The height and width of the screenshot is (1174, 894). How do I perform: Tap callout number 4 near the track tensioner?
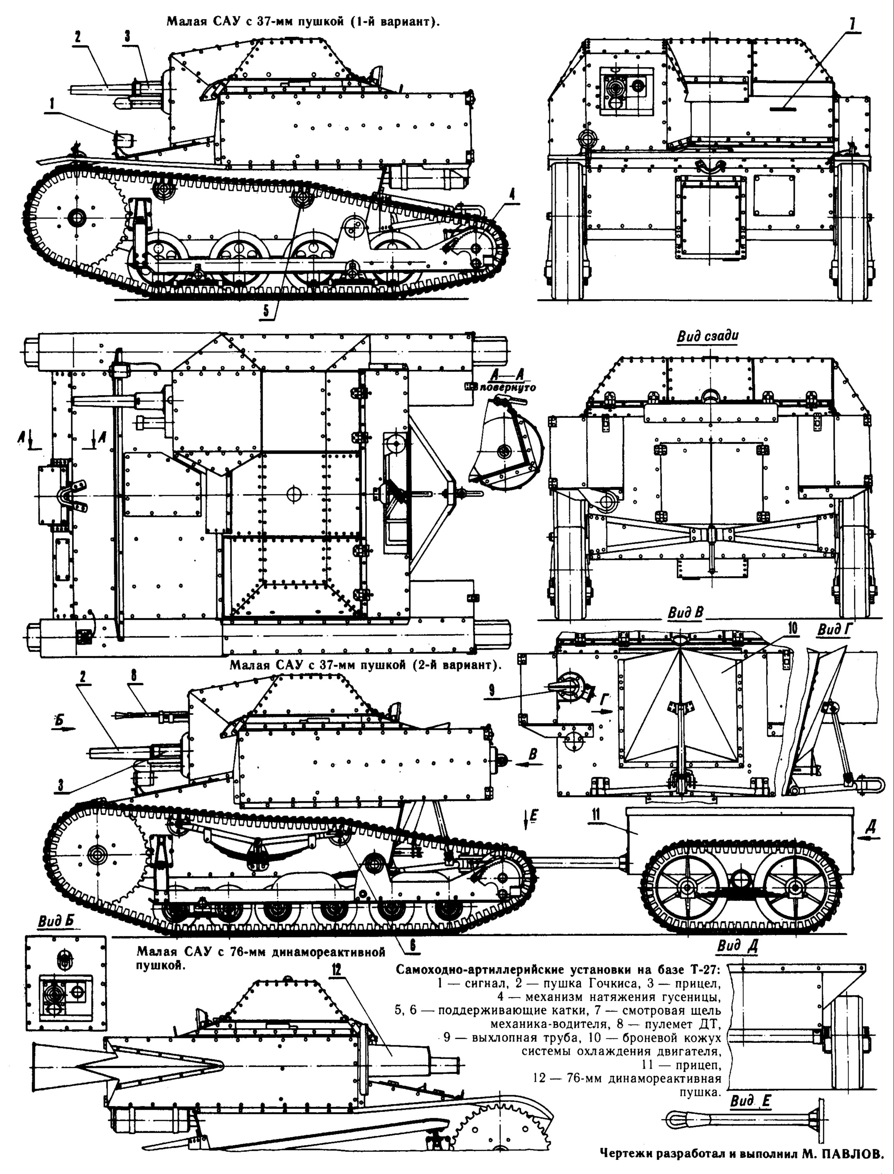click(x=512, y=195)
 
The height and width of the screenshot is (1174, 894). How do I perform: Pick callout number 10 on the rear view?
click(x=792, y=628)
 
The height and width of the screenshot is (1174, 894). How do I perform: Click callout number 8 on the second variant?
click(x=134, y=675)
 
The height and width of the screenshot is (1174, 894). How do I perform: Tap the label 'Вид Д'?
click(x=737, y=945)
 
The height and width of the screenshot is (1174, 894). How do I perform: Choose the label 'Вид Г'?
click(x=835, y=630)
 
